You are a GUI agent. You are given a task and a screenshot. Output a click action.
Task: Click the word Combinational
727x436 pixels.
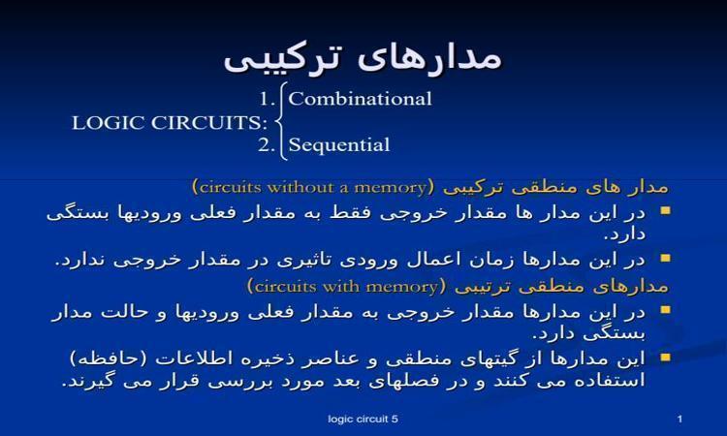pyautogui.click(x=360, y=99)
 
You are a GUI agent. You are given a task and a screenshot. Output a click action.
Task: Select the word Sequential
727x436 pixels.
pyautogui.click(x=339, y=145)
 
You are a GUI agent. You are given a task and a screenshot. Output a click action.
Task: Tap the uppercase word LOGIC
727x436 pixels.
pyautogui.click(x=109, y=123)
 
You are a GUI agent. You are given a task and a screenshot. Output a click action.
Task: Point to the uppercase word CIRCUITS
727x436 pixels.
pyautogui.click(x=209, y=123)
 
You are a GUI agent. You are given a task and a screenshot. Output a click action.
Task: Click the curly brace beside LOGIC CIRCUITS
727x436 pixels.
pyautogui.click(x=281, y=121)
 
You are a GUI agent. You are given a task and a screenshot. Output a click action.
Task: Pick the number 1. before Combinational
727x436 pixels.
pyautogui.click(x=268, y=99)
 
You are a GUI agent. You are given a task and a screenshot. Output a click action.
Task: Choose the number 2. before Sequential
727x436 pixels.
pyautogui.click(x=268, y=145)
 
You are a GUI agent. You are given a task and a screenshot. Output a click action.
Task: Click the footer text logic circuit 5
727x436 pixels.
pyautogui.click(x=363, y=419)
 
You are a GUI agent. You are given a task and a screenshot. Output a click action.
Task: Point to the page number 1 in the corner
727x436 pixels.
pyautogui.click(x=680, y=419)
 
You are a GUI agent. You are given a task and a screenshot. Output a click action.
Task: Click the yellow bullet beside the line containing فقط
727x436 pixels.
pyautogui.click(x=666, y=211)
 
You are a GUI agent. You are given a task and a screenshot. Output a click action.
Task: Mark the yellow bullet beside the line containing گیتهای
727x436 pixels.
pyautogui.click(x=666, y=358)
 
